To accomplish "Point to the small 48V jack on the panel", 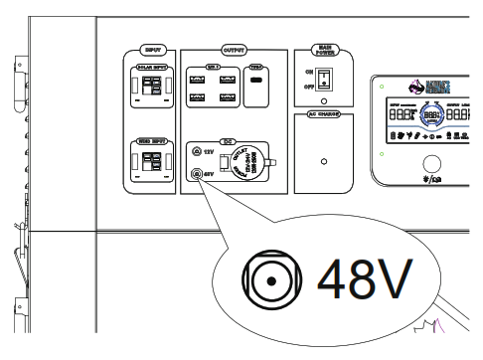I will (x=196, y=173).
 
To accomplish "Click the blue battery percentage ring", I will (x=432, y=116).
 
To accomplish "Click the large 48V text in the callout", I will (x=364, y=282).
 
